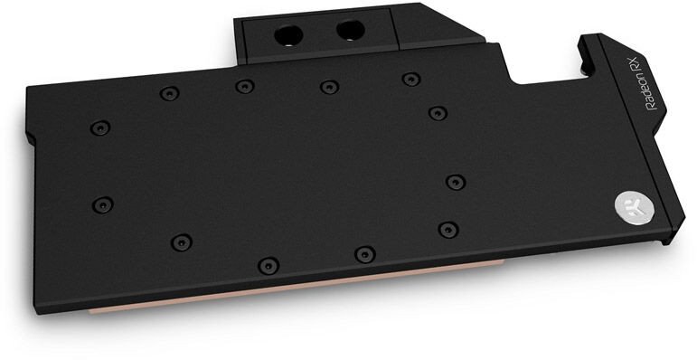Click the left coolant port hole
coord(288,35)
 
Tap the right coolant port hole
coord(350,30)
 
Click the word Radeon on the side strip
coord(651,91)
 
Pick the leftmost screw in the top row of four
coord(169,93)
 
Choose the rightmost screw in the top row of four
coord(411,80)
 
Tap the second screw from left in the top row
coord(245,86)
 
